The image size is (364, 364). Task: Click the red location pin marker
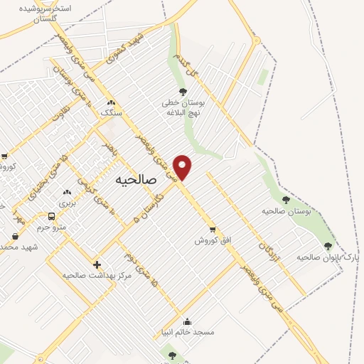(183, 166)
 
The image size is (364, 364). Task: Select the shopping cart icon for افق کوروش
(212, 229)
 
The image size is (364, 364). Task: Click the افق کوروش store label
(213, 240)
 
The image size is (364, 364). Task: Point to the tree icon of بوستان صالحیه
(286, 200)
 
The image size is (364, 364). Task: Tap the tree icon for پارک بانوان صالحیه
(328, 246)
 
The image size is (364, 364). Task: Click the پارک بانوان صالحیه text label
(330, 257)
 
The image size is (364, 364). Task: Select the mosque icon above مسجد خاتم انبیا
(187, 321)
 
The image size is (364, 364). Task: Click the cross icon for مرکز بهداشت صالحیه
(97, 264)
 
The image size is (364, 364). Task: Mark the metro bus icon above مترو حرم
(51, 216)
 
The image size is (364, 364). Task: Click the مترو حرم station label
(51, 227)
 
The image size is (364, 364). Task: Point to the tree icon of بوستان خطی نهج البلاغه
(183, 92)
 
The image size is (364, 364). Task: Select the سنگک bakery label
(111, 113)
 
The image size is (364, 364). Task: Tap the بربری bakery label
(68, 203)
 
